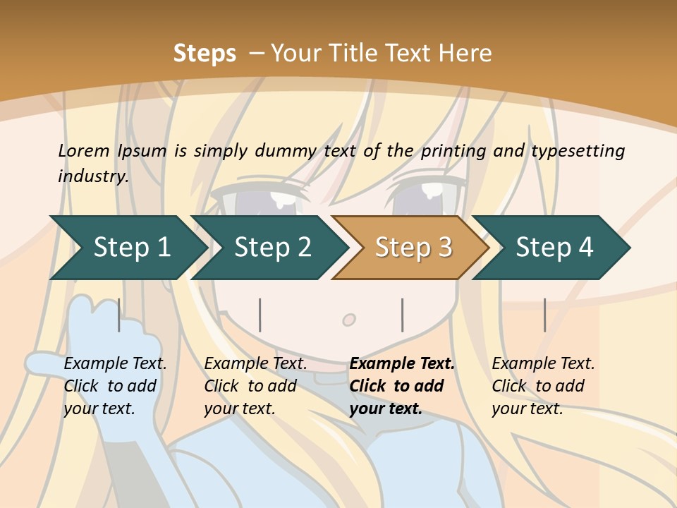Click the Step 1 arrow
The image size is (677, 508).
[x=130, y=248]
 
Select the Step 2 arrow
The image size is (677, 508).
[x=272, y=248]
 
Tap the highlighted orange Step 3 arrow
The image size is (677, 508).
[x=413, y=248]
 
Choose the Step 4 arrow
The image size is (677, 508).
[x=554, y=248]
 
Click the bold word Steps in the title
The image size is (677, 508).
[x=205, y=54]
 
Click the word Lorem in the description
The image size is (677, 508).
[x=84, y=150]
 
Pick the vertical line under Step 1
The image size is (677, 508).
[x=119, y=315]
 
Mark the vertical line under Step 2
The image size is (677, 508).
[x=260, y=315]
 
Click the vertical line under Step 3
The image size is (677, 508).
[x=403, y=315]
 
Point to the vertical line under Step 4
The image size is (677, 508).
[x=544, y=315]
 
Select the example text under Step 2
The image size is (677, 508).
[x=255, y=386]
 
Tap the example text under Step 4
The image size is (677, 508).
[x=542, y=386]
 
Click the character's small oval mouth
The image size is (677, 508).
[x=349, y=320]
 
